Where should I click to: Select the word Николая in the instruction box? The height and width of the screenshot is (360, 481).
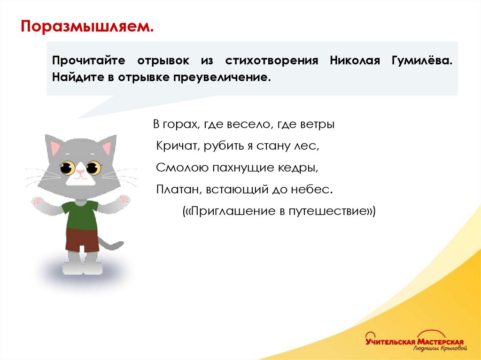(354, 61)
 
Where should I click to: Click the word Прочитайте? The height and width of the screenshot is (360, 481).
(88, 61)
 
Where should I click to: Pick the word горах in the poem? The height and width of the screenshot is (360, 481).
(176, 125)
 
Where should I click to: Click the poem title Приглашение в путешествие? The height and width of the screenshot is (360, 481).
(279, 211)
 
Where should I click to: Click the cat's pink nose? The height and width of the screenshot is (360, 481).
(81, 172)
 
